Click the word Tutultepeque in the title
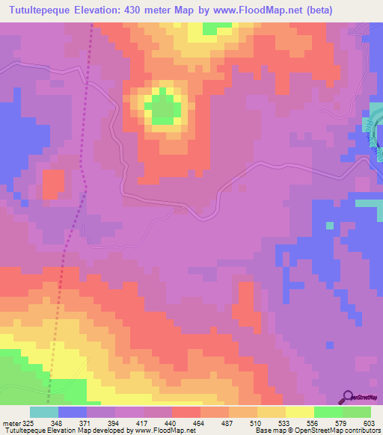tap(47, 10)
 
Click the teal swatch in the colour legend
tap(44, 412)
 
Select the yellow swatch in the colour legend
tap(299, 412)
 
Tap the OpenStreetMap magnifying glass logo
tap(348, 397)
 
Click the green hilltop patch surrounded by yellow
tap(164, 108)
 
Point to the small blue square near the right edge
tap(328, 224)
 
